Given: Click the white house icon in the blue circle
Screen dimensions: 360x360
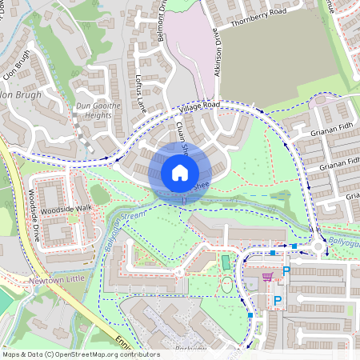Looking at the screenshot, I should [x=180, y=172].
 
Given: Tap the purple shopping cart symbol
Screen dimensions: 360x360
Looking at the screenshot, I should [x=267, y=277].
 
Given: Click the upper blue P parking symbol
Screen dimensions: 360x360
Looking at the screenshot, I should [x=286, y=272].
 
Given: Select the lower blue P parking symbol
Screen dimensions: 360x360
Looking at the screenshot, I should [x=278, y=301].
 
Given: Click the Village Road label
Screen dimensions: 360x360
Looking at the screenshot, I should [x=199, y=106].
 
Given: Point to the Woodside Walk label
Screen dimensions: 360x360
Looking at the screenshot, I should [x=67, y=208].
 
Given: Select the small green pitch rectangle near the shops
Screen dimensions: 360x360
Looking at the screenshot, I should [x=226, y=262].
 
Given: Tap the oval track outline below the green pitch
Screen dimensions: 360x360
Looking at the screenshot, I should [x=228, y=285].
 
